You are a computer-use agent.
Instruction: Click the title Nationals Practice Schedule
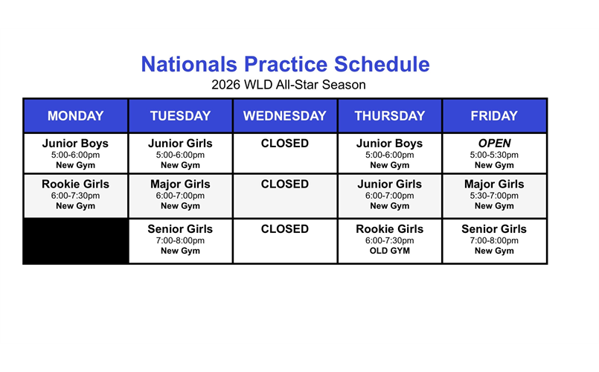(x=285, y=64)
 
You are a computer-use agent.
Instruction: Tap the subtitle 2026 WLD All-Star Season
(x=288, y=85)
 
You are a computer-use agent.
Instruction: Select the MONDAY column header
(x=75, y=115)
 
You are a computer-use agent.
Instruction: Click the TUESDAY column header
(x=180, y=115)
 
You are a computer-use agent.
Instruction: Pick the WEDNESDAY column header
(x=284, y=115)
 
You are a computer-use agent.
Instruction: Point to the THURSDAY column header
(x=389, y=115)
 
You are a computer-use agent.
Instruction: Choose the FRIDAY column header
(x=494, y=115)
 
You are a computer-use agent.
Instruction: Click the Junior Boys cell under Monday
(x=75, y=153)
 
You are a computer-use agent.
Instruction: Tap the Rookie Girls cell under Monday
(x=75, y=195)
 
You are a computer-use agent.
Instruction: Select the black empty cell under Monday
(x=75, y=241)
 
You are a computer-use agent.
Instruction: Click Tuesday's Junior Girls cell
(x=180, y=153)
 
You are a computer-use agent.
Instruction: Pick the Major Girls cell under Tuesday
(x=180, y=195)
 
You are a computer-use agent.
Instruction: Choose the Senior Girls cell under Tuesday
(x=180, y=240)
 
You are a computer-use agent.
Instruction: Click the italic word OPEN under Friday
(x=494, y=144)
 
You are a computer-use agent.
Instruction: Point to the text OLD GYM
(x=389, y=251)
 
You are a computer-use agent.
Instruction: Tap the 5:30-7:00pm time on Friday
(x=494, y=196)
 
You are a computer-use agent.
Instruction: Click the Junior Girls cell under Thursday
(x=389, y=195)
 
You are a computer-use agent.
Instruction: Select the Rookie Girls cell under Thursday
(x=389, y=240)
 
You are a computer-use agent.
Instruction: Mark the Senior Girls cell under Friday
(x=494, y=240)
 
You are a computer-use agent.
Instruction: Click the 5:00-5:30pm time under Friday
(x=494, y=155)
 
